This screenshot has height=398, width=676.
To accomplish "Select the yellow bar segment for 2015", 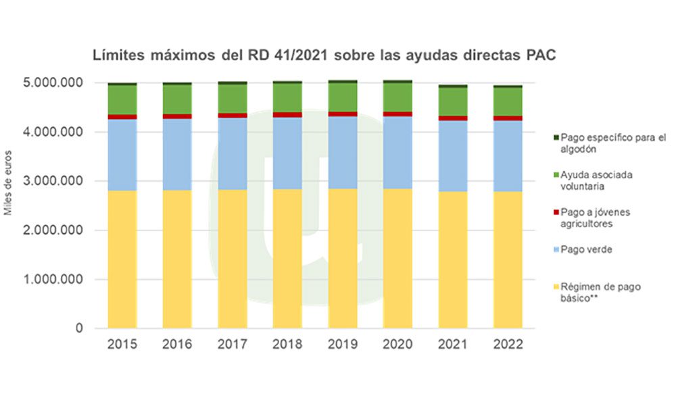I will tap(122, 259).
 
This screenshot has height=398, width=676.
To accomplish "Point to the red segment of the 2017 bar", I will tap(233, 116).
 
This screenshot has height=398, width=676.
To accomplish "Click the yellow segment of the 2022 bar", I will tap(508, 259).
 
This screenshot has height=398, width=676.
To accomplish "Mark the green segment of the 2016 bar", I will tap(177, 99).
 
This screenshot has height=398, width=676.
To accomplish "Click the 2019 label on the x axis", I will tap(342, 345).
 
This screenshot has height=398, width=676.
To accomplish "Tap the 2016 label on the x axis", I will tap(177, 345).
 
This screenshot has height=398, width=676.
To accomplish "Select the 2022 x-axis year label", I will tap(508, 345).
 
